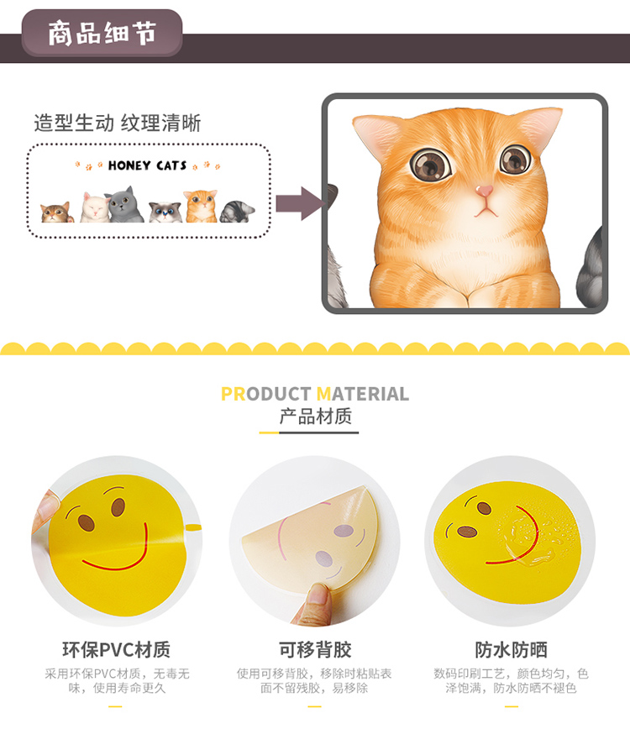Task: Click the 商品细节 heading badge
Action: click(x=102, y=34)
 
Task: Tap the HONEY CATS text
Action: click(x=147, y=165)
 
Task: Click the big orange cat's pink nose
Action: click(x=484, y=191)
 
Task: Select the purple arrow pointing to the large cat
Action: click(x=300, y=203)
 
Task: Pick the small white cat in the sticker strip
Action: click(x=94, y=207)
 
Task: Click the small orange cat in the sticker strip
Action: click(x=202, y=206)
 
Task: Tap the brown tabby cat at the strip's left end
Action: click(x=57, y=212)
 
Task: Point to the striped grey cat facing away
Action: click(x=237, y=212)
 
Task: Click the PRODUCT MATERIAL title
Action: click(x=315, y=394)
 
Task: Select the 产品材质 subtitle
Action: click(x=315, y=416)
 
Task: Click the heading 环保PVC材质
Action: click(x=116, y=649)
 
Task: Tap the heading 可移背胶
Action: click(x=315, y=649)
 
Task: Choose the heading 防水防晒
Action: click(x=511, y=649)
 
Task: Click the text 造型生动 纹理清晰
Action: click(x=117, y=123)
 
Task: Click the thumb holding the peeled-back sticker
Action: click(x=316, y=602)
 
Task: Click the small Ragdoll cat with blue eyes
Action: click(x=165, y=212)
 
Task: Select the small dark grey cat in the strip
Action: click(x=125, y=205)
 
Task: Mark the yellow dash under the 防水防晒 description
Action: click(x=512, y=706)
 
